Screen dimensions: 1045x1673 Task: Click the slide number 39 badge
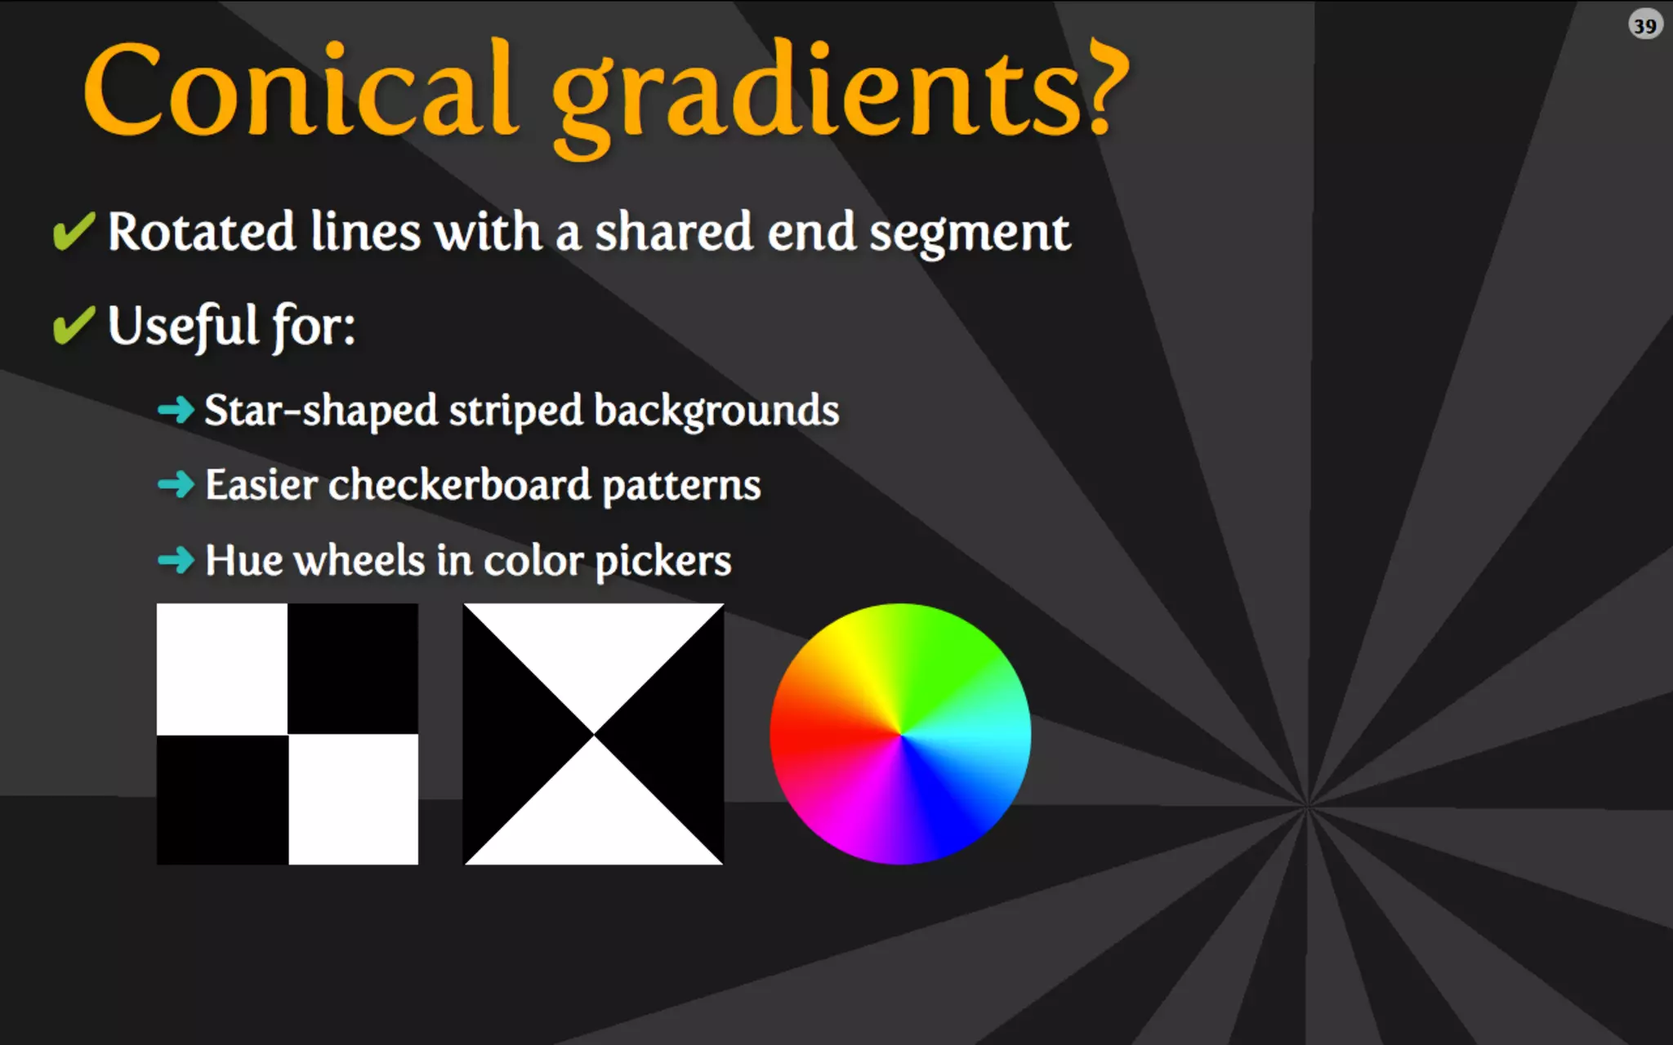[x=1644, y=25]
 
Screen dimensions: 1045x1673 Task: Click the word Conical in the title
[x=301, y=90]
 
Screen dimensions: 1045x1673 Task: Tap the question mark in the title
[x=1107, y=88]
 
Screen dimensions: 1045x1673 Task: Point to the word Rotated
[x=201, y=232]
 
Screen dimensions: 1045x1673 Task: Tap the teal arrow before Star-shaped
[x=176, y=409]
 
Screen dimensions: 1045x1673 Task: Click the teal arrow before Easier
[x=176, y=484]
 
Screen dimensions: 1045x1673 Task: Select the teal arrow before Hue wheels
[x=176, y=560]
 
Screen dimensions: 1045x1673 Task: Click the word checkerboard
[x=459, y=485]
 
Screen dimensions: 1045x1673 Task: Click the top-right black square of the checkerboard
[x=353, y=669]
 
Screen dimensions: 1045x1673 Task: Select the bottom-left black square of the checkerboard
[x=222, y=799]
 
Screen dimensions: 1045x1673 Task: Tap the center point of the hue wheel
[x=900, y=734]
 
